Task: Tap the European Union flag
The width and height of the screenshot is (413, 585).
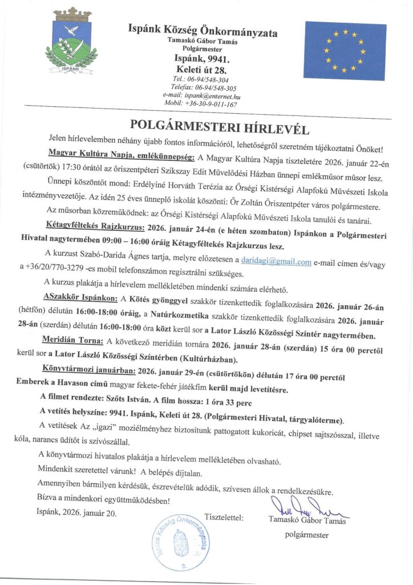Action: click(x=345, y=50)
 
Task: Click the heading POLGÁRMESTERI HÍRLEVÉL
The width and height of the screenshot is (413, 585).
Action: click(x=206, y=125)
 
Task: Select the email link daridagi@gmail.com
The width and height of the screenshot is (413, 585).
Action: click(x=276, y=262)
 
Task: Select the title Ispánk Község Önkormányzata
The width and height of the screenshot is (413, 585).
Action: click(x=203, y=33)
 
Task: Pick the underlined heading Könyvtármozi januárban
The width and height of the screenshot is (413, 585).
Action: click(x=96, y=370)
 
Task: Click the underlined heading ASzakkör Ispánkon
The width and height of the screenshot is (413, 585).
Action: click(x=80, y=298)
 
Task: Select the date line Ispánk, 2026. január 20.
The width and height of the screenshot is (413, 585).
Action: click(x=76, y=513)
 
